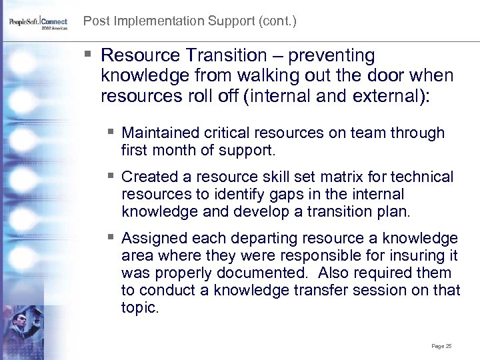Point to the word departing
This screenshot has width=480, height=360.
pos(267,238)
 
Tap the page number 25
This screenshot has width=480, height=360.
pos(441,346)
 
